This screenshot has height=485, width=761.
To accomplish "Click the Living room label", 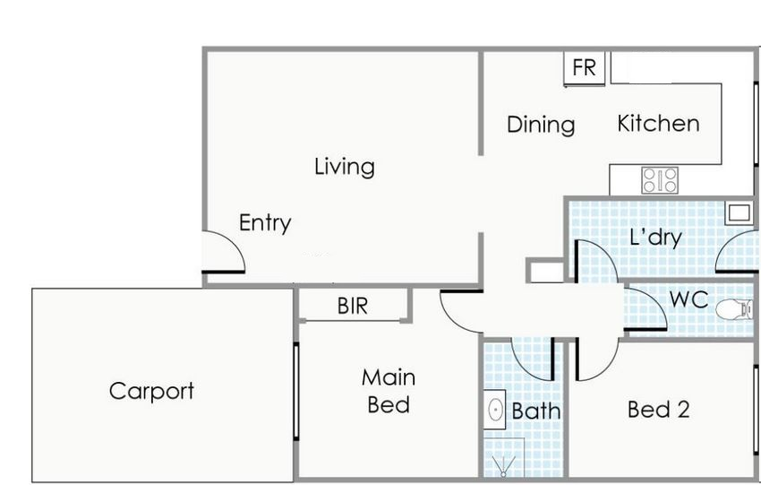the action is point(344,167).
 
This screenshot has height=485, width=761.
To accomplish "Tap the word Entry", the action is point(265,223).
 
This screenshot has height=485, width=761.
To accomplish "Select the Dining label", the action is point(541,126).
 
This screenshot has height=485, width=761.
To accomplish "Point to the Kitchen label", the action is point(658,124).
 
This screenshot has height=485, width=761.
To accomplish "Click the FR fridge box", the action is point(585,68).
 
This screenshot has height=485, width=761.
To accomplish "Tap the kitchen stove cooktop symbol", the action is point(660,180).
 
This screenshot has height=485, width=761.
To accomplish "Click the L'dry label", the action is point(655,238).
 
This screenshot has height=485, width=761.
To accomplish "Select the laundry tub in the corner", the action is point(739,212).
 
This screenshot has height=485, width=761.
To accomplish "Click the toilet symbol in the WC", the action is point(734,309).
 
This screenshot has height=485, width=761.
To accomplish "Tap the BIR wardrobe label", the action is point(353,307).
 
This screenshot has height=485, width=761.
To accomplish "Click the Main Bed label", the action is point(389,391).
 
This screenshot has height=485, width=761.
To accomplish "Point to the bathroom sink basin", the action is point(495,410).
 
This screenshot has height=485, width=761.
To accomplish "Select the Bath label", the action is point(535,411).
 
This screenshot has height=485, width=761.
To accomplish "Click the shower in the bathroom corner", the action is point(504,458).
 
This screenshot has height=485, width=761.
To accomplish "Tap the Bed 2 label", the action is point(658,409).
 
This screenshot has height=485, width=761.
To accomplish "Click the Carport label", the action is point(151,391).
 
